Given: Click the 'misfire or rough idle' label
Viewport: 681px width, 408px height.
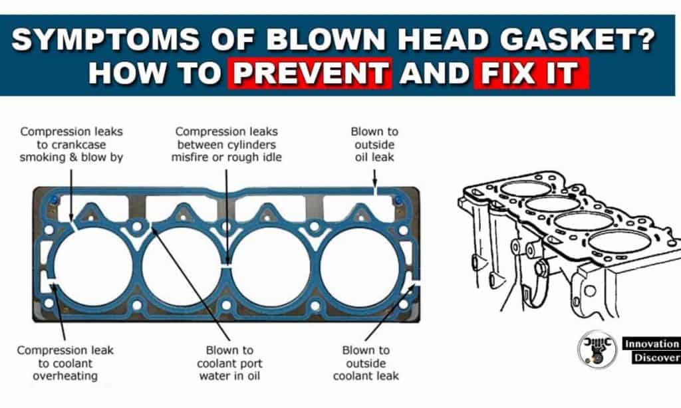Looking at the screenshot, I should pyautogui.click(x=226, y=157).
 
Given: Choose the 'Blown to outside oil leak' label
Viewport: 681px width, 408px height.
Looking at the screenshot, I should pyautogui.click(x=374, y=144).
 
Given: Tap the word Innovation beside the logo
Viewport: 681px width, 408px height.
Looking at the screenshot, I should pyautogui.click(x=650, y=344).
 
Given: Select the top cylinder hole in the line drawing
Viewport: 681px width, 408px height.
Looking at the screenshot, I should pyautogui.click(x=525, y=188).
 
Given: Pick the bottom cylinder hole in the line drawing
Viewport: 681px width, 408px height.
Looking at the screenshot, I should pyautogui.click(x=618, y=241).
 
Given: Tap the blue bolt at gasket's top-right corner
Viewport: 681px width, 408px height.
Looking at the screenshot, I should pyautogui.click(x=398, y=199).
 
